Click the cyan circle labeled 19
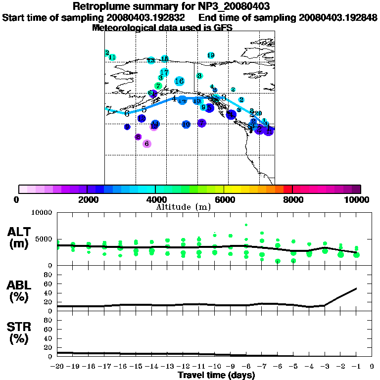(211, 55)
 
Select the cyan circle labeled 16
(180, 81)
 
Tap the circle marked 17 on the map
(164, 72)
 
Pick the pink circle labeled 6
(146, 143)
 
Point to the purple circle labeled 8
(138, 137)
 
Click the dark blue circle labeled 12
(142, 118)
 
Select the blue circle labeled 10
(186, 124)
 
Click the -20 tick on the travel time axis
(57, 367)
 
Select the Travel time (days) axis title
(216, 376)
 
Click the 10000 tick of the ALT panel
(42, 213)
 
